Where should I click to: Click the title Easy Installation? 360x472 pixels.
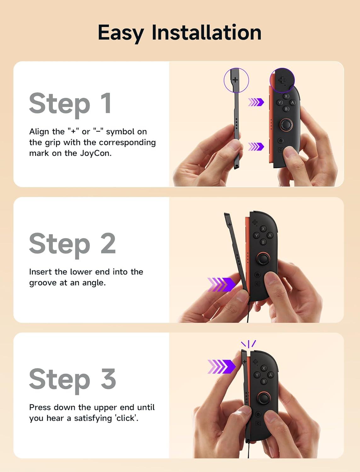click(x=180, y=32)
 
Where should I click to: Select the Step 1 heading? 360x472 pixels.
click(x=70, y=104)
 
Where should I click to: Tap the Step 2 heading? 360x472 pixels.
click(x=72, y=244)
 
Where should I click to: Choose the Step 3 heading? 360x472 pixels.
click(x=72, y=379)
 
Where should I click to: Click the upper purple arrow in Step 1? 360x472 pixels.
click(x=256, y=102)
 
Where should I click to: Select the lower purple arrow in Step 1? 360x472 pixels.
click(x=256, y=147)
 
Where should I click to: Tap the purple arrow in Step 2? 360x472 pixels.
click(x=221, y=284)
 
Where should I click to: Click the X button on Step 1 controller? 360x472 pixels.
click(x=286, y=96)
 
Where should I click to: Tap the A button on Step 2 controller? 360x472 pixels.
click(x=270, y=235)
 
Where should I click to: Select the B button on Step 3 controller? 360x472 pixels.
click(x=264, y=381)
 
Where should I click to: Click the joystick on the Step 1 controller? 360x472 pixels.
click(x=286, y=125)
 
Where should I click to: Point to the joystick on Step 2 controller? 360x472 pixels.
click(x=263, y=259)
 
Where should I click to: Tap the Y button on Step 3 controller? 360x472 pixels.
click(x=257, y=375)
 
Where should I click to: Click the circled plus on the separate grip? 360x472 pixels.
click(x=236, y=80)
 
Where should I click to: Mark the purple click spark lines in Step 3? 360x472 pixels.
click(x=249, y=344)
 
